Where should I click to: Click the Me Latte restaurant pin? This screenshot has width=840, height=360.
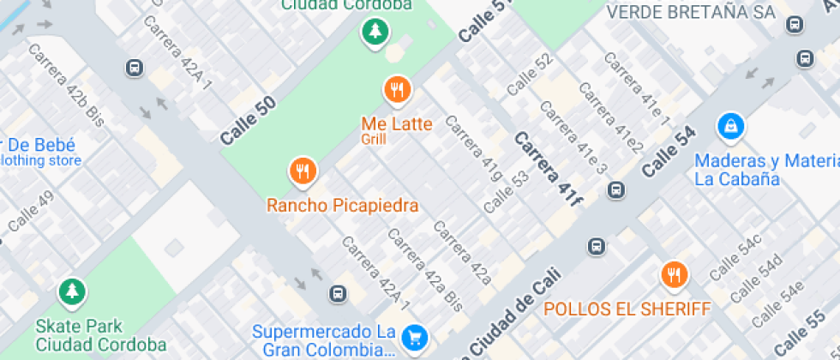397,88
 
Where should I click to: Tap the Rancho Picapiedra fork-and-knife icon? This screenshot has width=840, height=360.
302,171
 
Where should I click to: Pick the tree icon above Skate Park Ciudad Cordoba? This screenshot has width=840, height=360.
72,291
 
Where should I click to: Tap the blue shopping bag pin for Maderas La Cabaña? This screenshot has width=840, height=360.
731,126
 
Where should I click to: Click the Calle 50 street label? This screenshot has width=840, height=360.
248,120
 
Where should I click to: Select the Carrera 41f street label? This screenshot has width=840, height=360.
549,170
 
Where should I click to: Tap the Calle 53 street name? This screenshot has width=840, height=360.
507,192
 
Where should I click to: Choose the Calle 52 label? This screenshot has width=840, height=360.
530,75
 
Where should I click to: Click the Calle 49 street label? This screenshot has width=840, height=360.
31,212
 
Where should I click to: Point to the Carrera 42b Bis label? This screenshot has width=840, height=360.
66,85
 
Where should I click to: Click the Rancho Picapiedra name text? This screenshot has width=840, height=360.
342,206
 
